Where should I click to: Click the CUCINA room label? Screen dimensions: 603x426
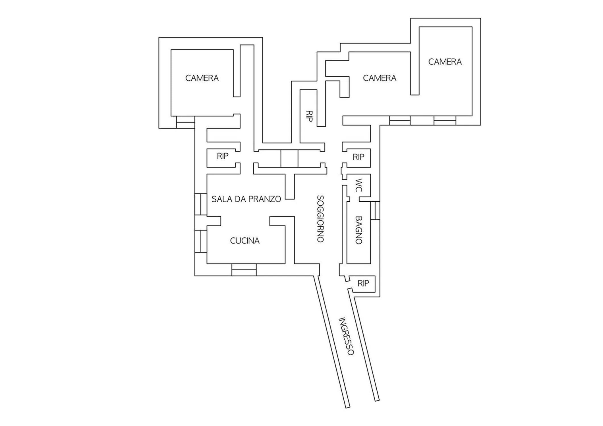pos(245,241)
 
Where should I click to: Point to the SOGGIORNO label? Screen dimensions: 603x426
pos(320,219)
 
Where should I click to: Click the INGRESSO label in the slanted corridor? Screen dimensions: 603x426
pos(346,336)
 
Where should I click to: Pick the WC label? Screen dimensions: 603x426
pos(359,185)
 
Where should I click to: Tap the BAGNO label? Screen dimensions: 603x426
pos(359,230)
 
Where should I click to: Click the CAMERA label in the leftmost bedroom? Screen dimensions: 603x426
pos(202,78)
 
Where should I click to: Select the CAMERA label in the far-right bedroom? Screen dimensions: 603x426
pos(445,62)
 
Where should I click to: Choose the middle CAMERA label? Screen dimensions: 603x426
pos(380,78)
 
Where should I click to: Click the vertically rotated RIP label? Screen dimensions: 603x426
pos(309,116)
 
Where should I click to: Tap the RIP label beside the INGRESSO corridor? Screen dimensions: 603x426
pos(363,283)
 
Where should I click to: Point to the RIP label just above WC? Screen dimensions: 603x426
pos(359,157)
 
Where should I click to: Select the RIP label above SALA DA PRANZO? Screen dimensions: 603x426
pos(223,156)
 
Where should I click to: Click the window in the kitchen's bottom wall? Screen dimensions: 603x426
pos(244,270)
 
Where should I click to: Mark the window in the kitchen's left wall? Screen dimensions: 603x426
pos(201,241)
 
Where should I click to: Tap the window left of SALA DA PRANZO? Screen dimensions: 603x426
pos(201,204)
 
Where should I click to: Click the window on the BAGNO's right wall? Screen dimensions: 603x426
pos(375,210)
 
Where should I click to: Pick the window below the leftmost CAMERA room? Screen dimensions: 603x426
pos(186,122)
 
